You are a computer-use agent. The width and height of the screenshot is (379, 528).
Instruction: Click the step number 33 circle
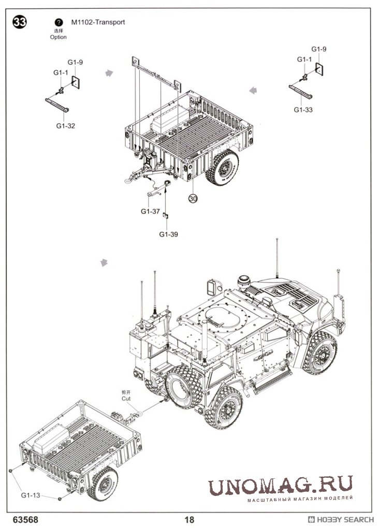tap(20, 23)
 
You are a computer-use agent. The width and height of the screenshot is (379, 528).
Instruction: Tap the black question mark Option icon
tap(59, 23)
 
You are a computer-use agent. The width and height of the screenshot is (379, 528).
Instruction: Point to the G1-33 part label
tap(303, 110)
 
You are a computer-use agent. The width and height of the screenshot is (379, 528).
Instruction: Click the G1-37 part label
tap(150, 211)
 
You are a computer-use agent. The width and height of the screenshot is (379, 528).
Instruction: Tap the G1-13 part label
tap(31, 495)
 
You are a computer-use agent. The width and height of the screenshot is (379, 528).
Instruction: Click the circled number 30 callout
tap(193, 198)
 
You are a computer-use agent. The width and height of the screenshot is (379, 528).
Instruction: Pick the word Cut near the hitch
tap(126, 399)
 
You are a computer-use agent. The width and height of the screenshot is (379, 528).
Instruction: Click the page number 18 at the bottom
tap(189, 520)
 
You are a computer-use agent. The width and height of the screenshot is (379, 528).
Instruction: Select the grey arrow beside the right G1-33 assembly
tap(253, 91)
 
